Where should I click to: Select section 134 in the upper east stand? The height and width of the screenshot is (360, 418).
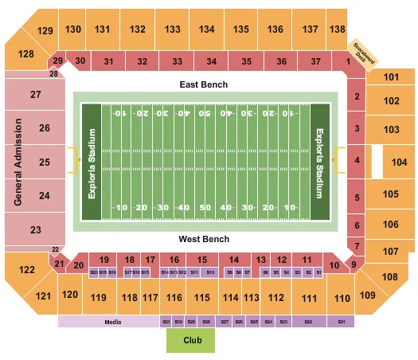pos(207,29)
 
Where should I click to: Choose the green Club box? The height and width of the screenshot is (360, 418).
pos(190,341)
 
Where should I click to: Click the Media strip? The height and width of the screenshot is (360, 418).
pos(111,322)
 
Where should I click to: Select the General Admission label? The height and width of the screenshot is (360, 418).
pos(17,162)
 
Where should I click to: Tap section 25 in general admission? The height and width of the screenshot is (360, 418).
pos(45,162)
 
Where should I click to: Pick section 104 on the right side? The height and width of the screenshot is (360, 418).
pos(398,162)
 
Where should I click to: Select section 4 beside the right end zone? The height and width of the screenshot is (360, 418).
pos(358,160)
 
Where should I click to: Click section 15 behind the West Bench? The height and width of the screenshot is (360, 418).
pos(202,260)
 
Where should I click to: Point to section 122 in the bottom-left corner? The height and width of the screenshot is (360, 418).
pos(27,270)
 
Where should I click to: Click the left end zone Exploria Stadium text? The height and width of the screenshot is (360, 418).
pos(92,162)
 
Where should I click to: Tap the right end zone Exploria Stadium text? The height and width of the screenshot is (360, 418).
pos(320,162)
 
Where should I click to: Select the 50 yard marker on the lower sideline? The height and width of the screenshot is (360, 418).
pos(205,208)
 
